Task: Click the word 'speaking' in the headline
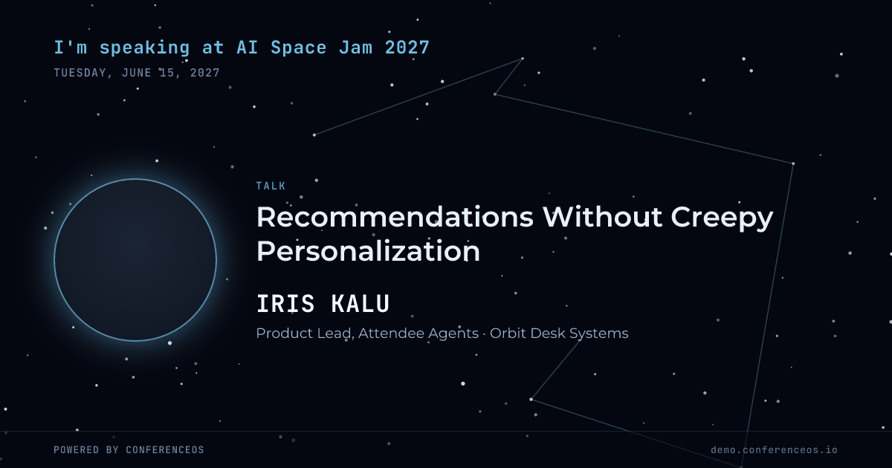[x=144, y=48]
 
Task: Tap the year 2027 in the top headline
[x=407, y=48]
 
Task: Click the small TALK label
[x=271, y=186]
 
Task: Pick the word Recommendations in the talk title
[x=395, y=217]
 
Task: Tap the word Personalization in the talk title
[x=368, y=252]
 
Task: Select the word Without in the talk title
[x=602, y=217]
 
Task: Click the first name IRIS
[x=285, y=304]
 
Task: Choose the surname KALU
[x=361, y=304]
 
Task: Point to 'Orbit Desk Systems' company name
[x=559, y=334]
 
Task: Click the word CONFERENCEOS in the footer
[x=165, y=449]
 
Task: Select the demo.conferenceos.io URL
[x=774, y=449]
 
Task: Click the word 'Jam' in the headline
[x=355, y=48]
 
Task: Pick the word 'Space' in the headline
[x=299, y=48]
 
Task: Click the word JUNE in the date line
[x=137, y=73]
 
